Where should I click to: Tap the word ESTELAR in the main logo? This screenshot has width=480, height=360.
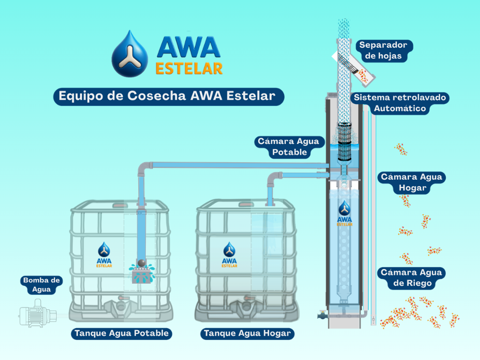(188, 68)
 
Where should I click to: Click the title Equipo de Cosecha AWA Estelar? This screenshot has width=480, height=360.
(166, 96)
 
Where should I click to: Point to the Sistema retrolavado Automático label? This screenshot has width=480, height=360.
(400, 103)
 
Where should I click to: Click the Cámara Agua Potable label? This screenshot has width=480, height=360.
(288, 147)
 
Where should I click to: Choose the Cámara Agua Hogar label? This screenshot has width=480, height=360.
(412, 183)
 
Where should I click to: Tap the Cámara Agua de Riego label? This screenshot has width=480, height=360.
(411, 278)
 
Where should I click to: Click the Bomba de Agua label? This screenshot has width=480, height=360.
(41, 285)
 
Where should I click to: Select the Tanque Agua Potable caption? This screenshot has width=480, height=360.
(121, 334)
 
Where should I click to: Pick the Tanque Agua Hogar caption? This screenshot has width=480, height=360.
(247, 334)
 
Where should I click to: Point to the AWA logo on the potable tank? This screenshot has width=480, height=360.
(104, 255)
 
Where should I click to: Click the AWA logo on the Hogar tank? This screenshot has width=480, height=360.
(229, 255)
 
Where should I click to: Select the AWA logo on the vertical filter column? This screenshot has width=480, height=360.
(345, 213)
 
